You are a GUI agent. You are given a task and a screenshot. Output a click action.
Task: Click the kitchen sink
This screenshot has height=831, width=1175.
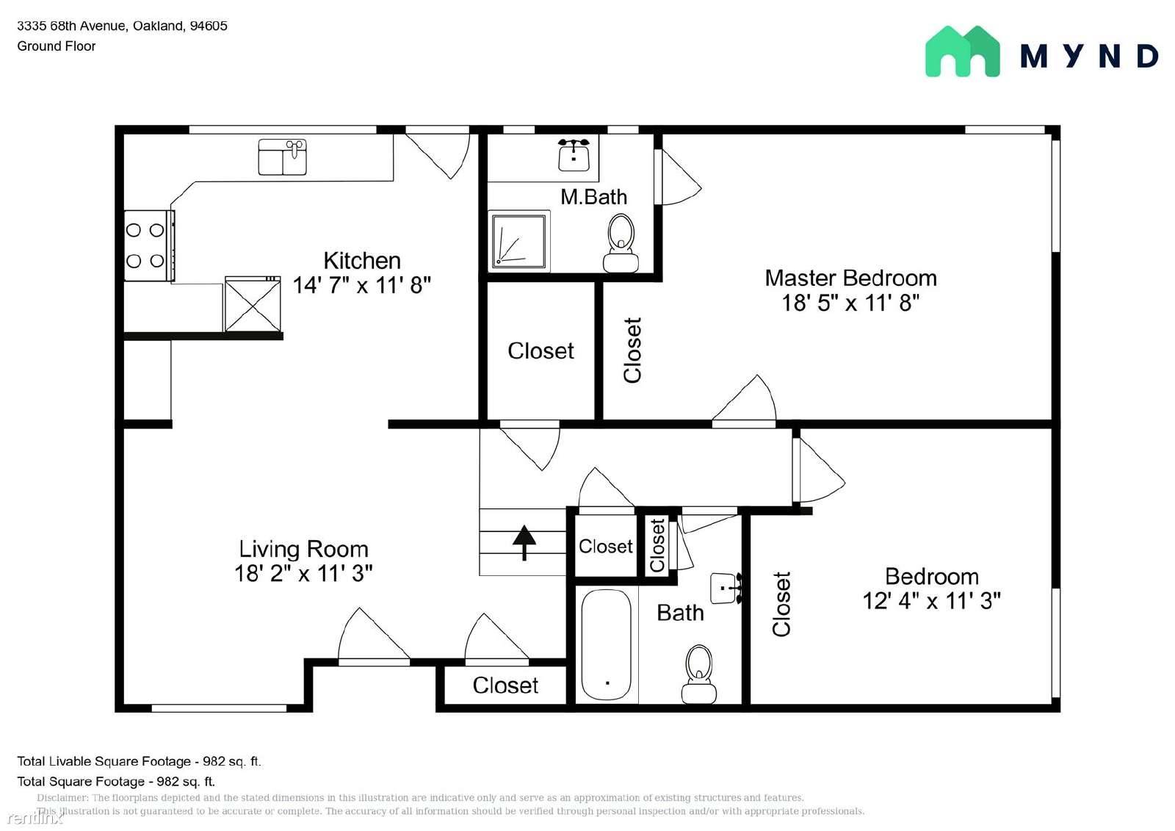pos(282,157)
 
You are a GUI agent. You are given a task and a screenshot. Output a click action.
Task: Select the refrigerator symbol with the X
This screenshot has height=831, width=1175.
pos(253,304)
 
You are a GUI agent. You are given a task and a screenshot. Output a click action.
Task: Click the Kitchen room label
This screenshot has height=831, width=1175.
pos(362,260)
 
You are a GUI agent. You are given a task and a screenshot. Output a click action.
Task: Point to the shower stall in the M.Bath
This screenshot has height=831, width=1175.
pos(518,240)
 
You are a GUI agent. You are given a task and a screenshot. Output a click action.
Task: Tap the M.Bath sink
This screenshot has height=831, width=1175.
pos(574,154)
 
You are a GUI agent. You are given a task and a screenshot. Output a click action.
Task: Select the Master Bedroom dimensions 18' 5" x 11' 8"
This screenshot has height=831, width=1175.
pos(850,303)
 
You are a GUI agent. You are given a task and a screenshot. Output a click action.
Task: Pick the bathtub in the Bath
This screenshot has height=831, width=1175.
pos(606,644)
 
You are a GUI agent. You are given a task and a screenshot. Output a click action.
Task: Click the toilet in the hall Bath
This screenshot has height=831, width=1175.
pos(698,674)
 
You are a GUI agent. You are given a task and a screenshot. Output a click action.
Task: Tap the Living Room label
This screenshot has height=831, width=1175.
pos(304,549)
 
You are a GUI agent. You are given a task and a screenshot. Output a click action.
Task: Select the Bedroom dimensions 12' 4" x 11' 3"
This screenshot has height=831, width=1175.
pos(932,601)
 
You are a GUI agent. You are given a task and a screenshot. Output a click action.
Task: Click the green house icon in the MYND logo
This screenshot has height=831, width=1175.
pos(963,52)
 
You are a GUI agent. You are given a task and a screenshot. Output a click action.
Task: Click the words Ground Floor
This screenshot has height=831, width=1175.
pos(56,46)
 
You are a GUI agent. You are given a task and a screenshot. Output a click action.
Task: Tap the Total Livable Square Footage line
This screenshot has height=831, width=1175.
pos(139,761)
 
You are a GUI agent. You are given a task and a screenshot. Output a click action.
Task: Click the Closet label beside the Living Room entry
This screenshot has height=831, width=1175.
pos(505,685)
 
